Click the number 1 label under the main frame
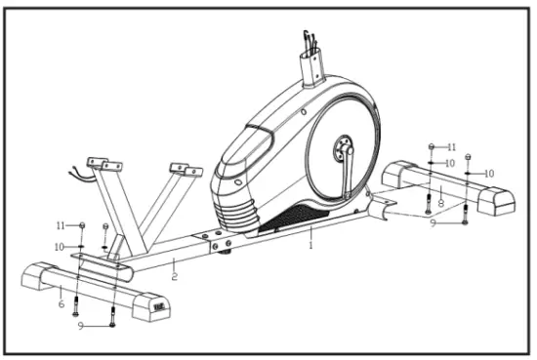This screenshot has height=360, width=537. click(310, 245)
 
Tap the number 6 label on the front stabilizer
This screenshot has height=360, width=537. click(61, 304)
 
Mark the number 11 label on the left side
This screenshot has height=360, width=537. click(62, 225)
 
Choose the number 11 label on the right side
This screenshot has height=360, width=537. click(451, 146)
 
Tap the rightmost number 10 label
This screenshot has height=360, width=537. click(489, 173)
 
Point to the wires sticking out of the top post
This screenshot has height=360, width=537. click(311, 42)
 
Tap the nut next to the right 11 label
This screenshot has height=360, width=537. click(431, 146)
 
